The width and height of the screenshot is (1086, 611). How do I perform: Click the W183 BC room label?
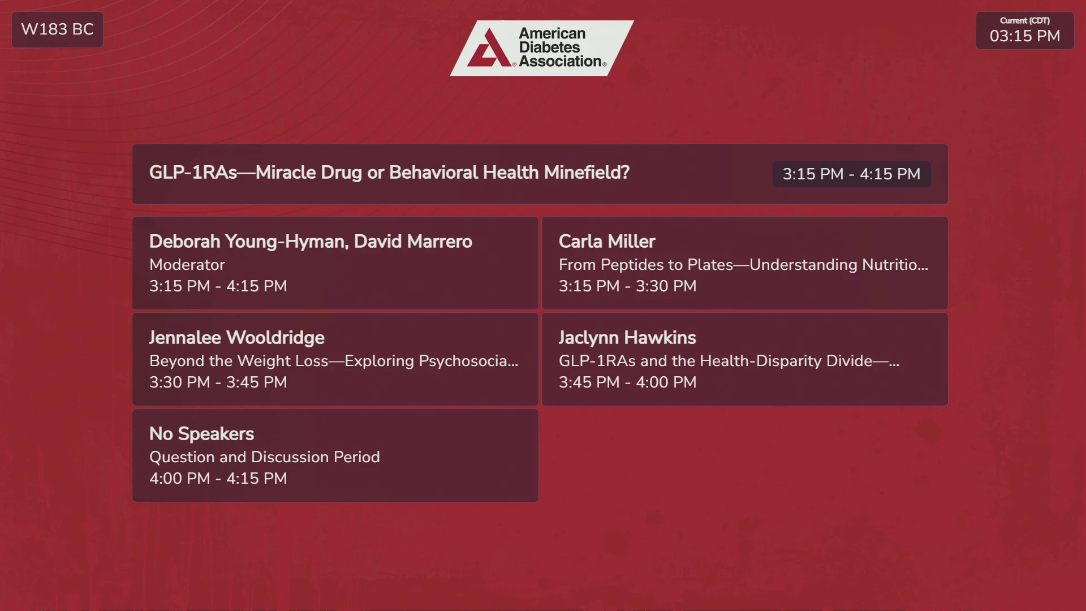pos(57,29)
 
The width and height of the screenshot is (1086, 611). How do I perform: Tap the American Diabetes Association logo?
pos(542,48)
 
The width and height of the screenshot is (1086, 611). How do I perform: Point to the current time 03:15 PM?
pos(1025,36)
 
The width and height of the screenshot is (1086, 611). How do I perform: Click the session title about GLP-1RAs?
pos(389,173)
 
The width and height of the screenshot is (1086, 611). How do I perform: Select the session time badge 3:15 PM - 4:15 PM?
pos(851,174)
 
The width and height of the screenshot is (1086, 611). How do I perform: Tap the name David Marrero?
pos(413,242)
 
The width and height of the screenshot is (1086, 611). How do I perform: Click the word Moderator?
pos(187,265)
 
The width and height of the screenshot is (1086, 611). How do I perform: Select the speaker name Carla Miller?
pos(607,242)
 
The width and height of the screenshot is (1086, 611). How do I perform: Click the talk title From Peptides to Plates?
pos(743,265)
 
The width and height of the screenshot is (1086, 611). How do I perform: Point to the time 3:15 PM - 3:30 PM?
pos(627,286)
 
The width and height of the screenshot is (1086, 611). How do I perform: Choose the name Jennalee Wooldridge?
pos(237,338)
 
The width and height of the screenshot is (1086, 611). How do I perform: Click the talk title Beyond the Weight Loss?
pos(334,361)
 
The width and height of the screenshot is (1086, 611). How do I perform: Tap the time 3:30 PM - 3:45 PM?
pos(218,382)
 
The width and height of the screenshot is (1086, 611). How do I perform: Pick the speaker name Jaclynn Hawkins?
pos(627,338)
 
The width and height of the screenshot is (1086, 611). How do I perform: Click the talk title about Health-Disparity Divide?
pos(729,361)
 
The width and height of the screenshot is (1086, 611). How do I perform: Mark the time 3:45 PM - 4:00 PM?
pos(627,382)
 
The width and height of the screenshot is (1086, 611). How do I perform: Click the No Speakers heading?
pos(201,434)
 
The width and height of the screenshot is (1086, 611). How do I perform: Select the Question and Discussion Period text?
pos(264,457)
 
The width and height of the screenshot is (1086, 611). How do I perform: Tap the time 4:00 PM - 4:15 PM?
pos(218,479)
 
